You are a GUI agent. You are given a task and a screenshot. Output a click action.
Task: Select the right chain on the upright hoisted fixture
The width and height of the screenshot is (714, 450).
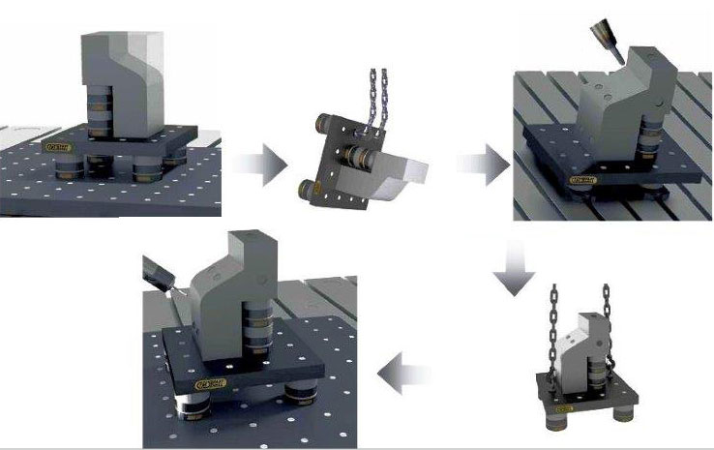click(610, 319)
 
